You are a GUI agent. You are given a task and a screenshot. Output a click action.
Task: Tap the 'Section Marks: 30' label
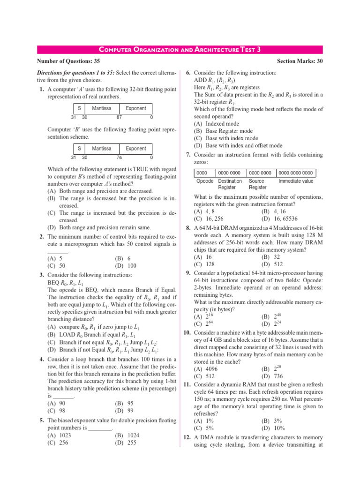(300, 61)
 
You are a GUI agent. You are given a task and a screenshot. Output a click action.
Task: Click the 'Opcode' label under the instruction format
(205, 180)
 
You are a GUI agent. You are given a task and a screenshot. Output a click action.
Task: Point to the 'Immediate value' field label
(296, 180)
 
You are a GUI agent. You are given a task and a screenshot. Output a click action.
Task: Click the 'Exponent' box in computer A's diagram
(135, 108)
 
